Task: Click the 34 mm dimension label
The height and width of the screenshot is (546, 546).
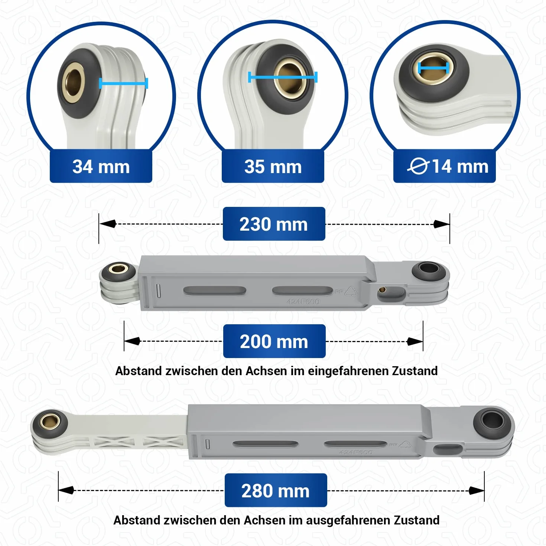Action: tap(101, 166)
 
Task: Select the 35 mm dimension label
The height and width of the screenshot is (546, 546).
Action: tap(273, 166)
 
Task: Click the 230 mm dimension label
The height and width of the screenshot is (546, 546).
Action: tap(274, 224)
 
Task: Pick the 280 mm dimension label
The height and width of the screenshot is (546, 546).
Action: tap(276, 490)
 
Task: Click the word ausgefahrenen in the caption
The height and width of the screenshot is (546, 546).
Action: tap(348, 520)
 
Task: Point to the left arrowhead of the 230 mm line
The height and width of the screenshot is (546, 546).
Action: tap(108, 224)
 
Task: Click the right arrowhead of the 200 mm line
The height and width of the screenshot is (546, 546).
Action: tap(415, 341)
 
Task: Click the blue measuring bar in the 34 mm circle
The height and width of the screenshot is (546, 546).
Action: tap(124, 83)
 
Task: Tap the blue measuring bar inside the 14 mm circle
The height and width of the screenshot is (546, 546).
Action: tap(433, 68)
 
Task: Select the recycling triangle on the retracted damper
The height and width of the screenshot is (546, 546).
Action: tap(351, 291)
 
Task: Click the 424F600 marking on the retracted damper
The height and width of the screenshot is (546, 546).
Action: tap(303, 302)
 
